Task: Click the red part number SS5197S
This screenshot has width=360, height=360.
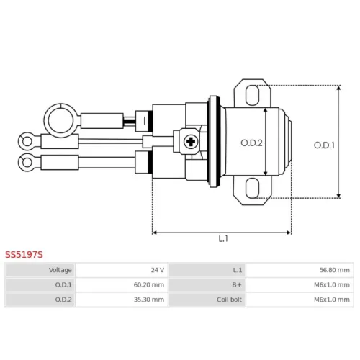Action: tap(24, 254)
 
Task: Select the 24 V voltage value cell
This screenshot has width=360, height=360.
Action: tap(122, 270)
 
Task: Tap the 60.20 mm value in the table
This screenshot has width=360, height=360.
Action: tap(122, 285)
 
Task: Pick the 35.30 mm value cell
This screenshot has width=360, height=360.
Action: tap(122, 300)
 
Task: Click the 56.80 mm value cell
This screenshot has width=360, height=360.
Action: tap(300, 270)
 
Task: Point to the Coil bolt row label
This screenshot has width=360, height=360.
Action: tap(229, 300)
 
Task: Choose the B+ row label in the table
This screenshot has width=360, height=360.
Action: tap(237, 285)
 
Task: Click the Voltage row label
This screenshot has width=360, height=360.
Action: tap(60, 270)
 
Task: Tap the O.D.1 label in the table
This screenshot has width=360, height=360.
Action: tap(63, 285)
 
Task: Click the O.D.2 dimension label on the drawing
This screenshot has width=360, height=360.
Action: tap(251, 143)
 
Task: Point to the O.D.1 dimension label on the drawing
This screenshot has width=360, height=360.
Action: tap(324, 145)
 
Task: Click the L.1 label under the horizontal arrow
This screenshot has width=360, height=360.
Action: tap(223, 239)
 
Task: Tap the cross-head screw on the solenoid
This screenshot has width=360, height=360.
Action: tap(191, 142)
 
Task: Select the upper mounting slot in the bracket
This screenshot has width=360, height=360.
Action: tap(252, 95)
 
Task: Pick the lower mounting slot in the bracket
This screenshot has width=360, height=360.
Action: tap(252, 188)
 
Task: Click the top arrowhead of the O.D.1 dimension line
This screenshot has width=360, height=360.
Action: tap(338, 88)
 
